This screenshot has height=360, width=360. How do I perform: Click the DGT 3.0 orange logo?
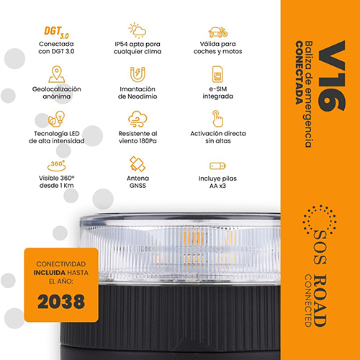(x=56, y=32)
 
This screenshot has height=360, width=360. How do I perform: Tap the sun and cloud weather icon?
(x=138, y=30)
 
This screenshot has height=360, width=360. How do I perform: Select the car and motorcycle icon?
(x=218, y=32)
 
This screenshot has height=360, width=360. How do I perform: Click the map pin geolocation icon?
(x=57, y=74)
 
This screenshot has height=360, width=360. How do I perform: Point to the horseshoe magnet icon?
(x=138, y=74)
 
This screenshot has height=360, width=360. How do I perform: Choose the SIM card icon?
(x=217, y=74)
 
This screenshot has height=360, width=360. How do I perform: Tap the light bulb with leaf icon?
(x=57, y=119)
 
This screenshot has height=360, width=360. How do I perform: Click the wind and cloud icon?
(x=138, y=119)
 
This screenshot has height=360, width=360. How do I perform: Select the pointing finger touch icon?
(x=217, y=119)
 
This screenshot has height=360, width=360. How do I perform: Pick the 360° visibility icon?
(x=57, y=166)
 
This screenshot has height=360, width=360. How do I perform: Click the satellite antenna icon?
(x=138, y=164)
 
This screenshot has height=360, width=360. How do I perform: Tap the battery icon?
(x=217, y=166)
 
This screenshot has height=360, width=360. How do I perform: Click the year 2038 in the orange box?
(x=61, y=302)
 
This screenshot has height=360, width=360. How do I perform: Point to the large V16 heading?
(x=332, y=76)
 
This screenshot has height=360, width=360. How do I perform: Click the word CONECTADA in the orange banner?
(x=299, y=73)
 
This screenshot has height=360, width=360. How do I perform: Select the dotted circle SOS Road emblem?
(x=319, y=220)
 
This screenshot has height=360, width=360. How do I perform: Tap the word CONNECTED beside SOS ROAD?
(x=308, y=300)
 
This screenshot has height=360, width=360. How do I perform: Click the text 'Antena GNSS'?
(x=138, y=182)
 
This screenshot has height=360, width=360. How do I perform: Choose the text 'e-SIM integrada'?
(x=217, y=93)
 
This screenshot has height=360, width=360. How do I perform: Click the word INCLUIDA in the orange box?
(x=50, y=273)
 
